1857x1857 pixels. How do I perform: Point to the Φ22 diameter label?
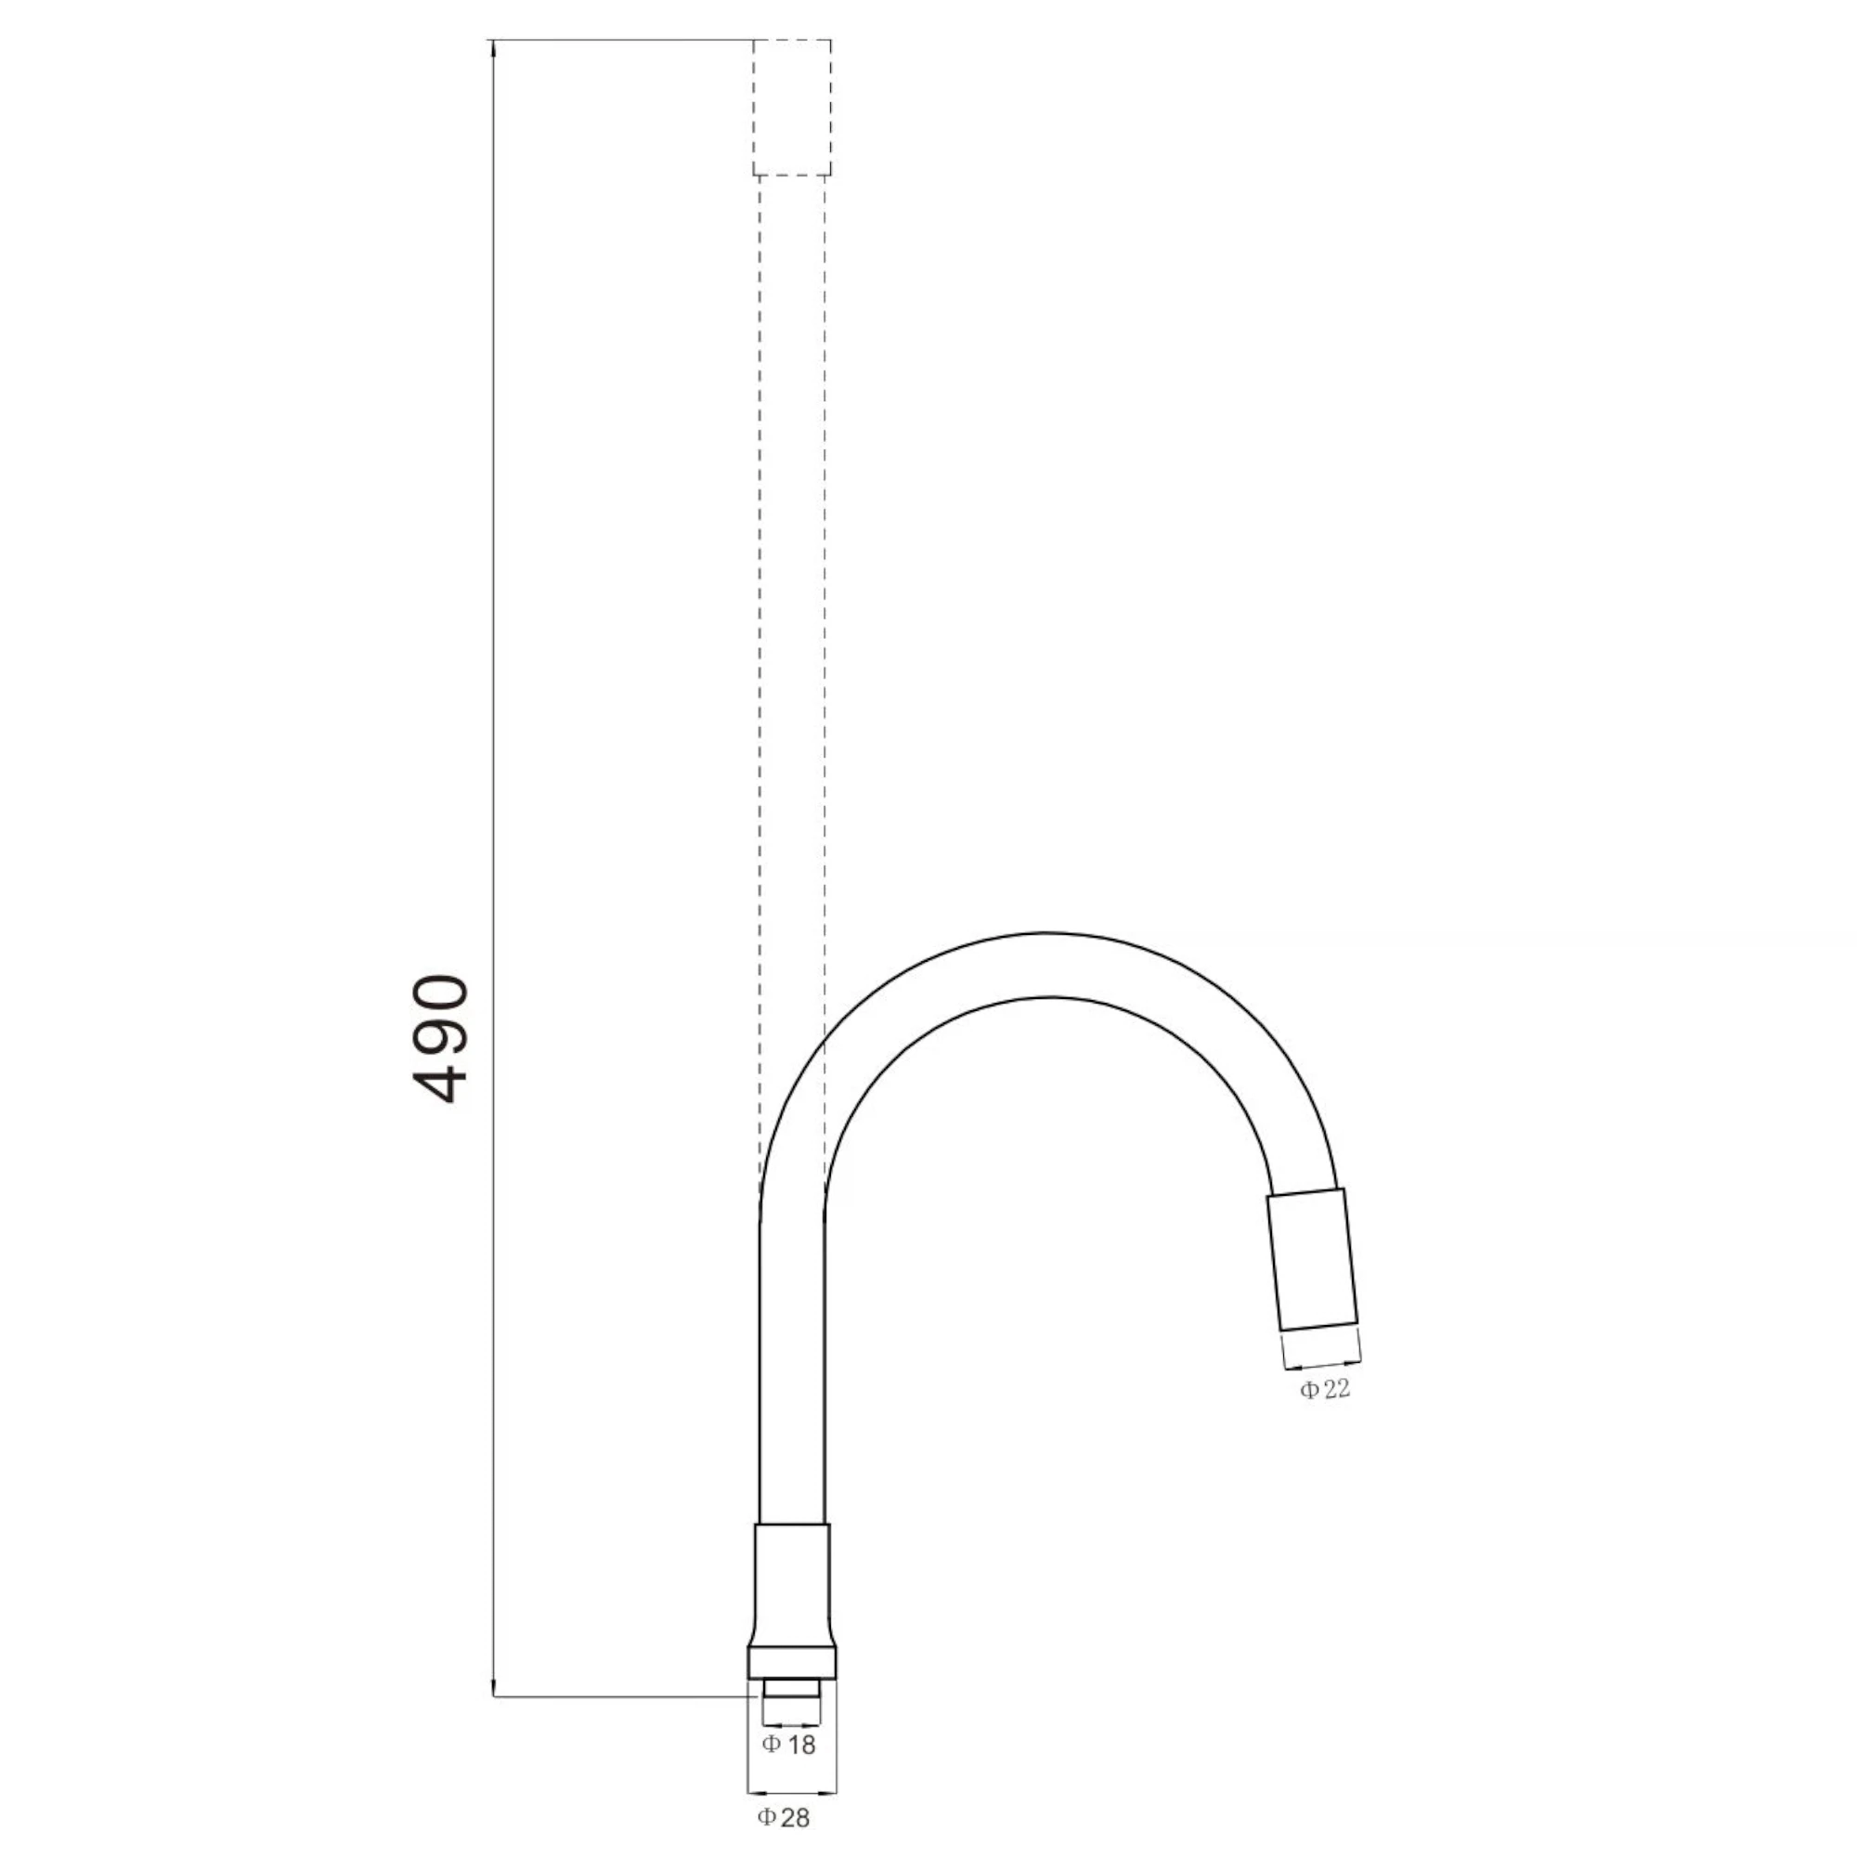tap(1326, 1389)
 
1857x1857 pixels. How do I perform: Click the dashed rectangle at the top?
tap(791, 108)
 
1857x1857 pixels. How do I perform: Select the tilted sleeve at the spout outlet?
tap(1312, 1261)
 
